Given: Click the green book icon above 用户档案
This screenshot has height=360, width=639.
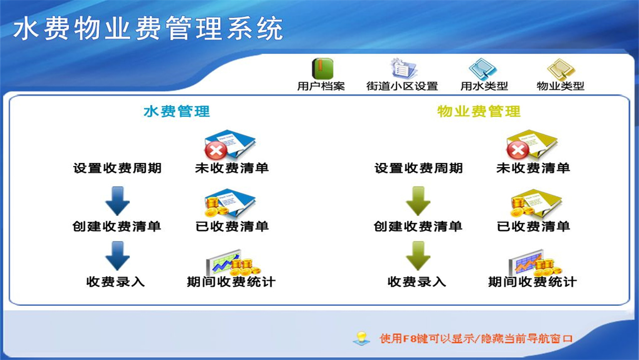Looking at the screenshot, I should [x=322, y=68].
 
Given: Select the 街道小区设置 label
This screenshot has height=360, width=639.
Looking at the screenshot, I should [x=402, y=86].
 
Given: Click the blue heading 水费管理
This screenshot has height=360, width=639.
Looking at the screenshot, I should [x=177, y=111].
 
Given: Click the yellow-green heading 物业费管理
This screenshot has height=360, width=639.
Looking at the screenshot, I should [x=479, y=111].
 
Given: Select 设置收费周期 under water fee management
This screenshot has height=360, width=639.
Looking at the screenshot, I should [x=117, y=168].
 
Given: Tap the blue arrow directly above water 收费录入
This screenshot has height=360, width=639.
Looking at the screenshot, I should [x=117, y=255].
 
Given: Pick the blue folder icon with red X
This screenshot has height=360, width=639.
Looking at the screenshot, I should [x=230, y=144].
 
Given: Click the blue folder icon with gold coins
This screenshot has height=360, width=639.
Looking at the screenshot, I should [x=230, y=202].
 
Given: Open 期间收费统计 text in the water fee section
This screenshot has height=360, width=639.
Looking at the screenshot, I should [x=231, y=281].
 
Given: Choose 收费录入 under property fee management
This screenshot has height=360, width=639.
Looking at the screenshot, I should [x=417, y=281].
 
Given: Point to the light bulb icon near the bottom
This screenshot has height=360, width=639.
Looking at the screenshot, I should [x=361, y=338].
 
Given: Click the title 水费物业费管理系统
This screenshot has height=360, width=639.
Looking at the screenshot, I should [x=148, y=28].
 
